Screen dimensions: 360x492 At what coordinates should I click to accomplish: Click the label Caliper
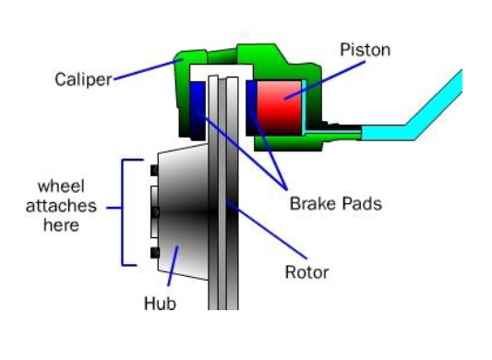(82, 78)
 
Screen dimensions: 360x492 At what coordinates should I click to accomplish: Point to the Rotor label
(306, 272)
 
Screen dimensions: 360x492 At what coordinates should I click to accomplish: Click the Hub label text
(159, 302)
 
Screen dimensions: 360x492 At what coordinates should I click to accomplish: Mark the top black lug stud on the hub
(153, 169)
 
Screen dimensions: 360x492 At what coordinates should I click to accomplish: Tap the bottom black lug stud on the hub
(153, 252)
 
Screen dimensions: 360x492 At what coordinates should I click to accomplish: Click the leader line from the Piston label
(318, 76)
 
